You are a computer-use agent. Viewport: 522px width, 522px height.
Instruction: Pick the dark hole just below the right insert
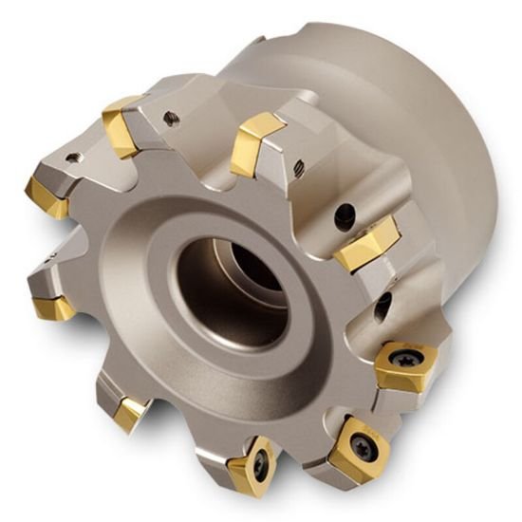pos(382,304)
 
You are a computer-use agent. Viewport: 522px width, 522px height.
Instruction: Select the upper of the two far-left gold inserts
pos(47,194)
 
